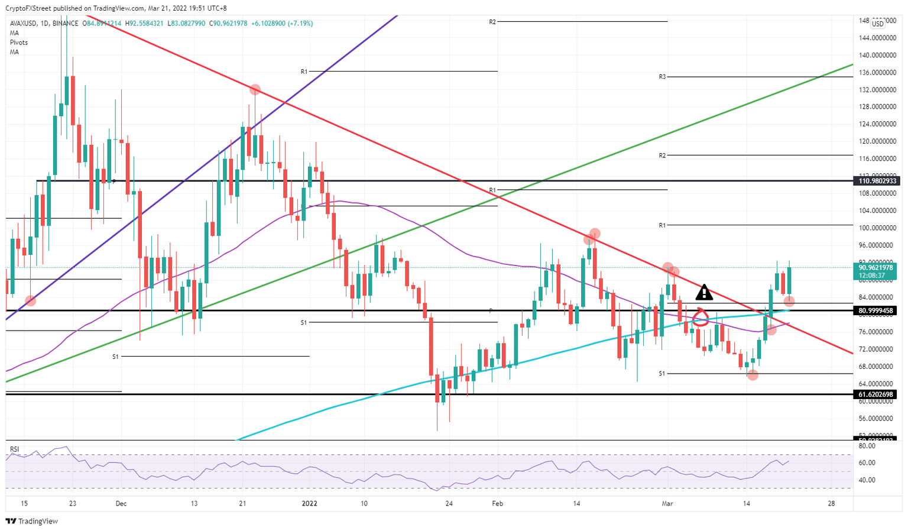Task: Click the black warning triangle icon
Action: click(703, 292)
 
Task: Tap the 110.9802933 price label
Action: click(877, 181)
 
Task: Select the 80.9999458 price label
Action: click(877, 310)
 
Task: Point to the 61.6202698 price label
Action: click(877, 394)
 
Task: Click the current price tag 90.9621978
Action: click(877, 267)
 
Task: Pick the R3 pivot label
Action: click(662, 77)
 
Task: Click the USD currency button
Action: click(878, 24)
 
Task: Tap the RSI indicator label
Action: click(14, 449)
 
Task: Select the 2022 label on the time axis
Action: click(310, 504)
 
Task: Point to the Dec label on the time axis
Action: click(121, 504)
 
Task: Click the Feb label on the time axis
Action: click(498, 504)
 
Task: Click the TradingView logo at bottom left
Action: click(32, 522)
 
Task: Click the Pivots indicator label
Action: click(18, 43)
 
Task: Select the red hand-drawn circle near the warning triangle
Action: click(701, 318)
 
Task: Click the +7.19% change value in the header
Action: click(300, 24)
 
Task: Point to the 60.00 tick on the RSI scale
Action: click(867, 463)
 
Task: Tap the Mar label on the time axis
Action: click(667, 504)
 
